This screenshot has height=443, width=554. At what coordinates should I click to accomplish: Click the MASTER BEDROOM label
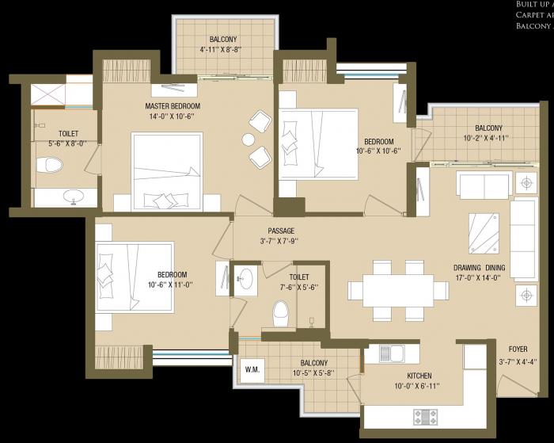pyautogui.click(x=173, y=106)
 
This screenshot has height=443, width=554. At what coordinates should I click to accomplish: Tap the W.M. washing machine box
pyautogui.click(x=252, y=368)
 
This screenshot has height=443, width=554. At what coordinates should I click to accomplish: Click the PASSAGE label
pyautogui.click(x=280, y=231)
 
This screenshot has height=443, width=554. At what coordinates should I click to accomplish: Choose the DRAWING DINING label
pyautogui.click(x=479, y=268)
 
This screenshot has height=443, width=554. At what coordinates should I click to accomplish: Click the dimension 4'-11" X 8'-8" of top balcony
pyautogui.click(x=222, y=49)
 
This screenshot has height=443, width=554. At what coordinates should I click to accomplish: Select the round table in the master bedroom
pyautogui.click(x=249, y=140)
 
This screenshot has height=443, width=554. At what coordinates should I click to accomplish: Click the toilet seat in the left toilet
pyautogui.click(x=50, y=166)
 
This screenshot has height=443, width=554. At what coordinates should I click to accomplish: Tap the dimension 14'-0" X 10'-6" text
pyautogui.click(x=173, y=116)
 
